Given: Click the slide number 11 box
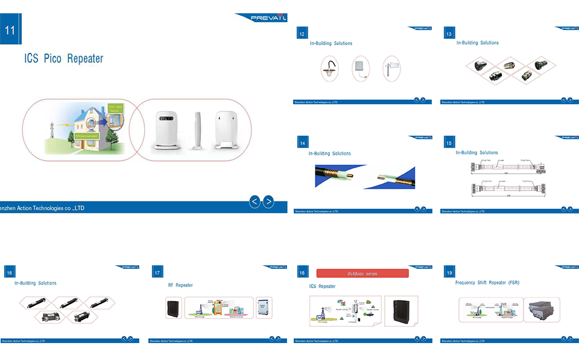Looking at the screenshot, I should pyautogui.click(x=10, y=31).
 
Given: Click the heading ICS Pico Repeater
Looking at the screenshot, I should pyautogui.click(x=63, y=59).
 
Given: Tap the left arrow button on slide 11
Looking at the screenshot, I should pyautogui.click(x=255, y=202).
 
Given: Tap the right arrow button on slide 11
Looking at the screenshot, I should pyautogui.click(x=268, y=202).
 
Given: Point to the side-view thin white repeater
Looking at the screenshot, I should pyautogui.click(x=197, y=130).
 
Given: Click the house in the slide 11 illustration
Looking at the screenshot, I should pyautogui.click(x=84, y=124).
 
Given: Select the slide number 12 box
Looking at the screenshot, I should pyautogui.click(x=302, y=34).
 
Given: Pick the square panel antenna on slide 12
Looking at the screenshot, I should pyautogui.click(x=361, y=68).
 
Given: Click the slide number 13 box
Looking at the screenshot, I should pyautogui.click(x=449, y=34).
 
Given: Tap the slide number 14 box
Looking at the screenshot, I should pyautogui.click(x=302, y=143).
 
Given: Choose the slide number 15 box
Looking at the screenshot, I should pyautogui.click(x=449, y=143).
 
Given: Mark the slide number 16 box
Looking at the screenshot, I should pyautogui.click(x=10, y=273).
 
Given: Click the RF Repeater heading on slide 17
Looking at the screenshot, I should pyautogui.click(x=180, y=285).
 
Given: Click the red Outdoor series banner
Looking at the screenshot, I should pyautogui.click(x=362, y=274).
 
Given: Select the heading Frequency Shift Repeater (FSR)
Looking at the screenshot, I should pyautogui.click(x=487, y=282).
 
